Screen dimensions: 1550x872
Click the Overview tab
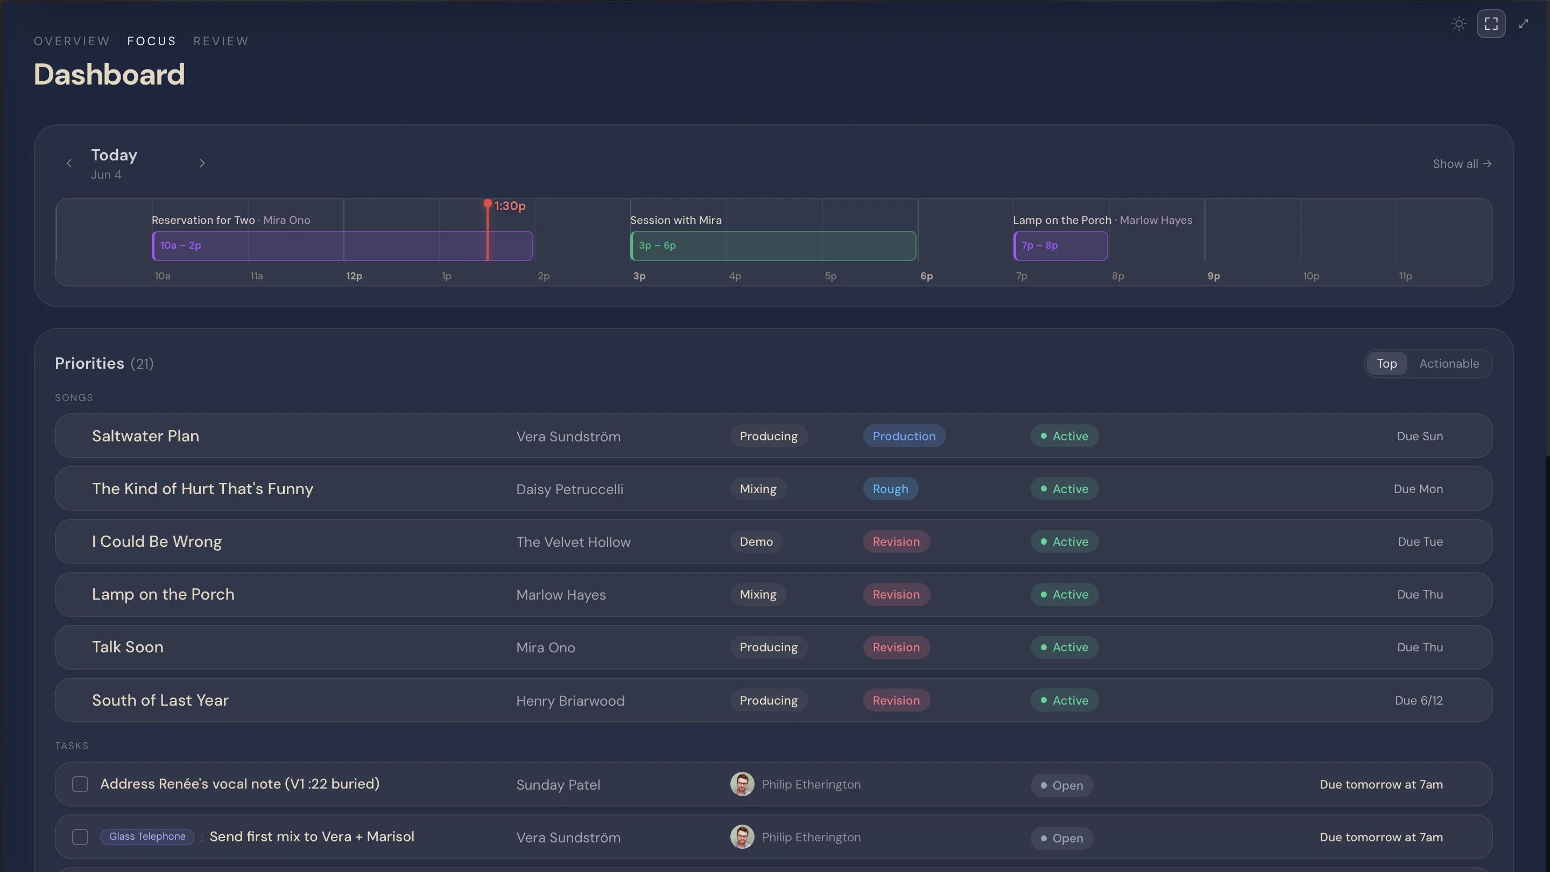click(x=72, y=41)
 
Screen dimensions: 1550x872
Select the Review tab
click(x=221, y=41)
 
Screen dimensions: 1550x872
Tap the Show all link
click(x=1462, y=164)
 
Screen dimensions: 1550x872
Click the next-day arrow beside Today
click(x=202, y=163)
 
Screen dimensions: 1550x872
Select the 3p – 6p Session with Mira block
click(x=773, y=245)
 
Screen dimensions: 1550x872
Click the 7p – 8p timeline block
click(x=1060, y=245)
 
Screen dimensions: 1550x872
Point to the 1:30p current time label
click(x=510, y=206)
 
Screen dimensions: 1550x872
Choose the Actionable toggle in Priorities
click(x=1449, y=363)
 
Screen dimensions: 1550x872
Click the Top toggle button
click(x=1386, y=363)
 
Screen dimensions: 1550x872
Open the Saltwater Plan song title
click(x=146, y=435)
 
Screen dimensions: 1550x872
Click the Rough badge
click(x=891, y=489)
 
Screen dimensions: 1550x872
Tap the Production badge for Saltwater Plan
click(x=904, y=435)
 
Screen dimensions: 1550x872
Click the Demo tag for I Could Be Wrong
click(x=756, y=542)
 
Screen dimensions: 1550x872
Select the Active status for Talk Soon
click(x=1065, y=647)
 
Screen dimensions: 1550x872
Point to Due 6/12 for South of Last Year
click(x=1419, y=700)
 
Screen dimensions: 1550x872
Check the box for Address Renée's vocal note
click(x=80, y=784)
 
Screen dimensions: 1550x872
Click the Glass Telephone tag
click(x=147, y=836)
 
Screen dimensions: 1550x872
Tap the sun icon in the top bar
click(x=1459, y=24)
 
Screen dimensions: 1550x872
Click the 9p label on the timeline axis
click(x=1214, y=276)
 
